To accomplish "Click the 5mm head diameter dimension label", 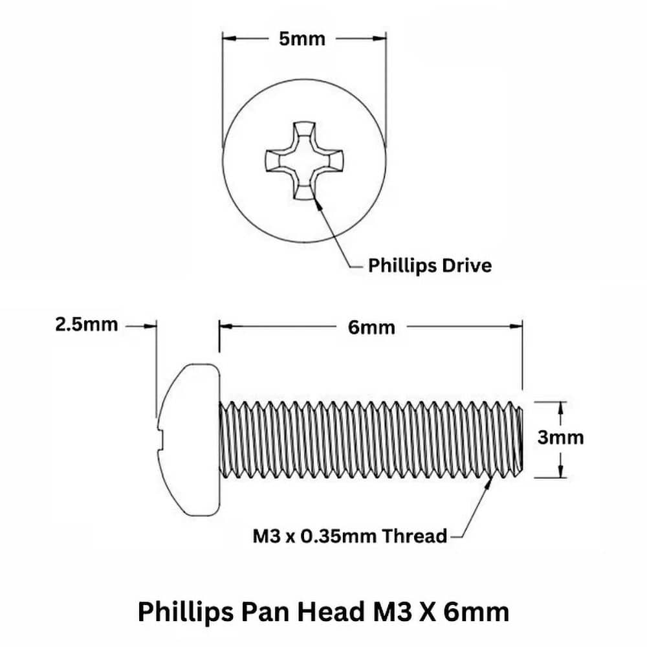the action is tap(302, 39).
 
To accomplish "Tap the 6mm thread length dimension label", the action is tap(371, 327).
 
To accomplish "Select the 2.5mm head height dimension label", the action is tap(87, 325).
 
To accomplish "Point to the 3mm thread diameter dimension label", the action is tap(560, 438).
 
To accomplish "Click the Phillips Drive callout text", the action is tap(430, 266).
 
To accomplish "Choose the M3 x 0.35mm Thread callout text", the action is tap(350, 536).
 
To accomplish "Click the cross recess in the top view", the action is tap(303, 161).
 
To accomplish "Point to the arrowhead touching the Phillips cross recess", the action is tap(317, 203).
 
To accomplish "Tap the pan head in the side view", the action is tap(188, 440).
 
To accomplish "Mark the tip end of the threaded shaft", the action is tap(522, 440).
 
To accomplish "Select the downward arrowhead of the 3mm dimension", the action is tap(560, 471).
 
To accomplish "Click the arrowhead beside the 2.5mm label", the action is tap(150, 326).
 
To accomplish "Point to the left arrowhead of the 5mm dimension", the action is tap(230, 38).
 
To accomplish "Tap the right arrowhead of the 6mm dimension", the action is tap(516, 326).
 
